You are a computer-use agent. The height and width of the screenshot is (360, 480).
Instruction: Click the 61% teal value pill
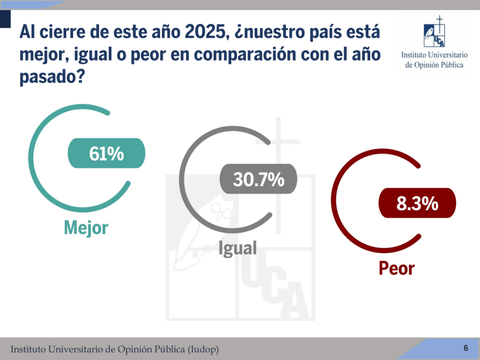pyautogui.click(x=107, y=153)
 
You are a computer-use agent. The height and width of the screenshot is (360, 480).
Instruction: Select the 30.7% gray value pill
pyautogui.click(x=258, y=179)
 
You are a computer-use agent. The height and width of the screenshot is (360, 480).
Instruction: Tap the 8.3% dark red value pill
pyautogui.click(x=417, y=203)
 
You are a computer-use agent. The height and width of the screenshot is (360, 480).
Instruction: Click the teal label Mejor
pyautogui.click(x=86, y=227)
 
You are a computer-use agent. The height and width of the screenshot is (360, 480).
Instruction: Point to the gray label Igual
pyautogui.click(x=238, y=247)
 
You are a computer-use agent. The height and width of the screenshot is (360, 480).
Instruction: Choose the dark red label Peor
pyautogui.click(x=397, y=269)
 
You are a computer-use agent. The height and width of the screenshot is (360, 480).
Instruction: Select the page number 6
pyautogui.click(x=466, y=348)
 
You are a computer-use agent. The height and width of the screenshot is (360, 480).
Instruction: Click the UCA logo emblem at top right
pyautogui.click(x=434, y=32)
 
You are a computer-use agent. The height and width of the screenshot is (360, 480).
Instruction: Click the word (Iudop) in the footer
pyautogui.click(x=202, y=350)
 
